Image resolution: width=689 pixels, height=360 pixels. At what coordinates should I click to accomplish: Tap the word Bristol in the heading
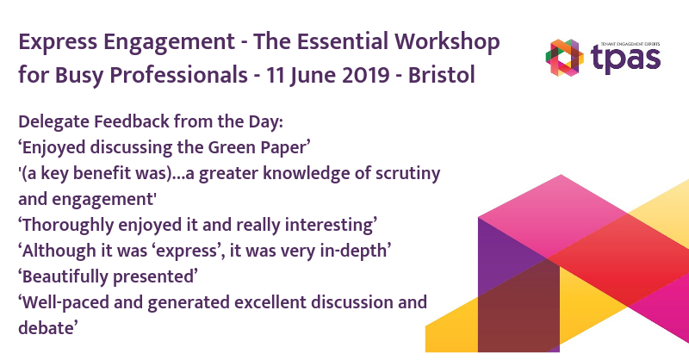441,75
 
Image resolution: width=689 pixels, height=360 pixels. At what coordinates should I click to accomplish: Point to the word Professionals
178,75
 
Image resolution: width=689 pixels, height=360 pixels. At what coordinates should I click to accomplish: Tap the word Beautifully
63,277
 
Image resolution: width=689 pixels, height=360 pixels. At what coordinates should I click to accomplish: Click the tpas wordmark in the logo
626,59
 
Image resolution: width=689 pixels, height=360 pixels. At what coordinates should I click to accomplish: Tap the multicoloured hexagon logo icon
565,58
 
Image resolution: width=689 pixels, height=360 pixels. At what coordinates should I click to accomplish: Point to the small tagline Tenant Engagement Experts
630,44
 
